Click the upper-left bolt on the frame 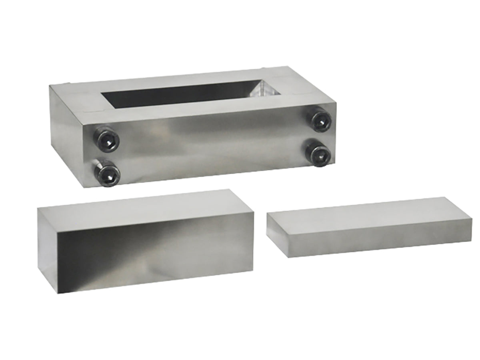tap(106, 138)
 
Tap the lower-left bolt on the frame tap(107, 174)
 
